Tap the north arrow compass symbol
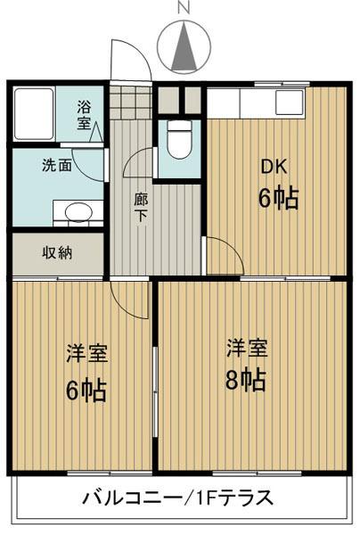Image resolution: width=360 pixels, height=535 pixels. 185,45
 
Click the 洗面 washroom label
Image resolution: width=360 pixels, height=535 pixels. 55,165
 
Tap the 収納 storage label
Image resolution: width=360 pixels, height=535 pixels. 58,252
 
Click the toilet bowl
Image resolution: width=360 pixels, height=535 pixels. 180,143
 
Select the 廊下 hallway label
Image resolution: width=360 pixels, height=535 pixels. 142,209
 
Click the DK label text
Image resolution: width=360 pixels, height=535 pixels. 273,166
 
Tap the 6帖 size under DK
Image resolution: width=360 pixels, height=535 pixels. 278,198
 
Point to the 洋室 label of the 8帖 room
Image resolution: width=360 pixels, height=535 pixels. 244,346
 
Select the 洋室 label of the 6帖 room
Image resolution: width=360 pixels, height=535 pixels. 86,354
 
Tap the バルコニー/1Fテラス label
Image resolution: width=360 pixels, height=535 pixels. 178,497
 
